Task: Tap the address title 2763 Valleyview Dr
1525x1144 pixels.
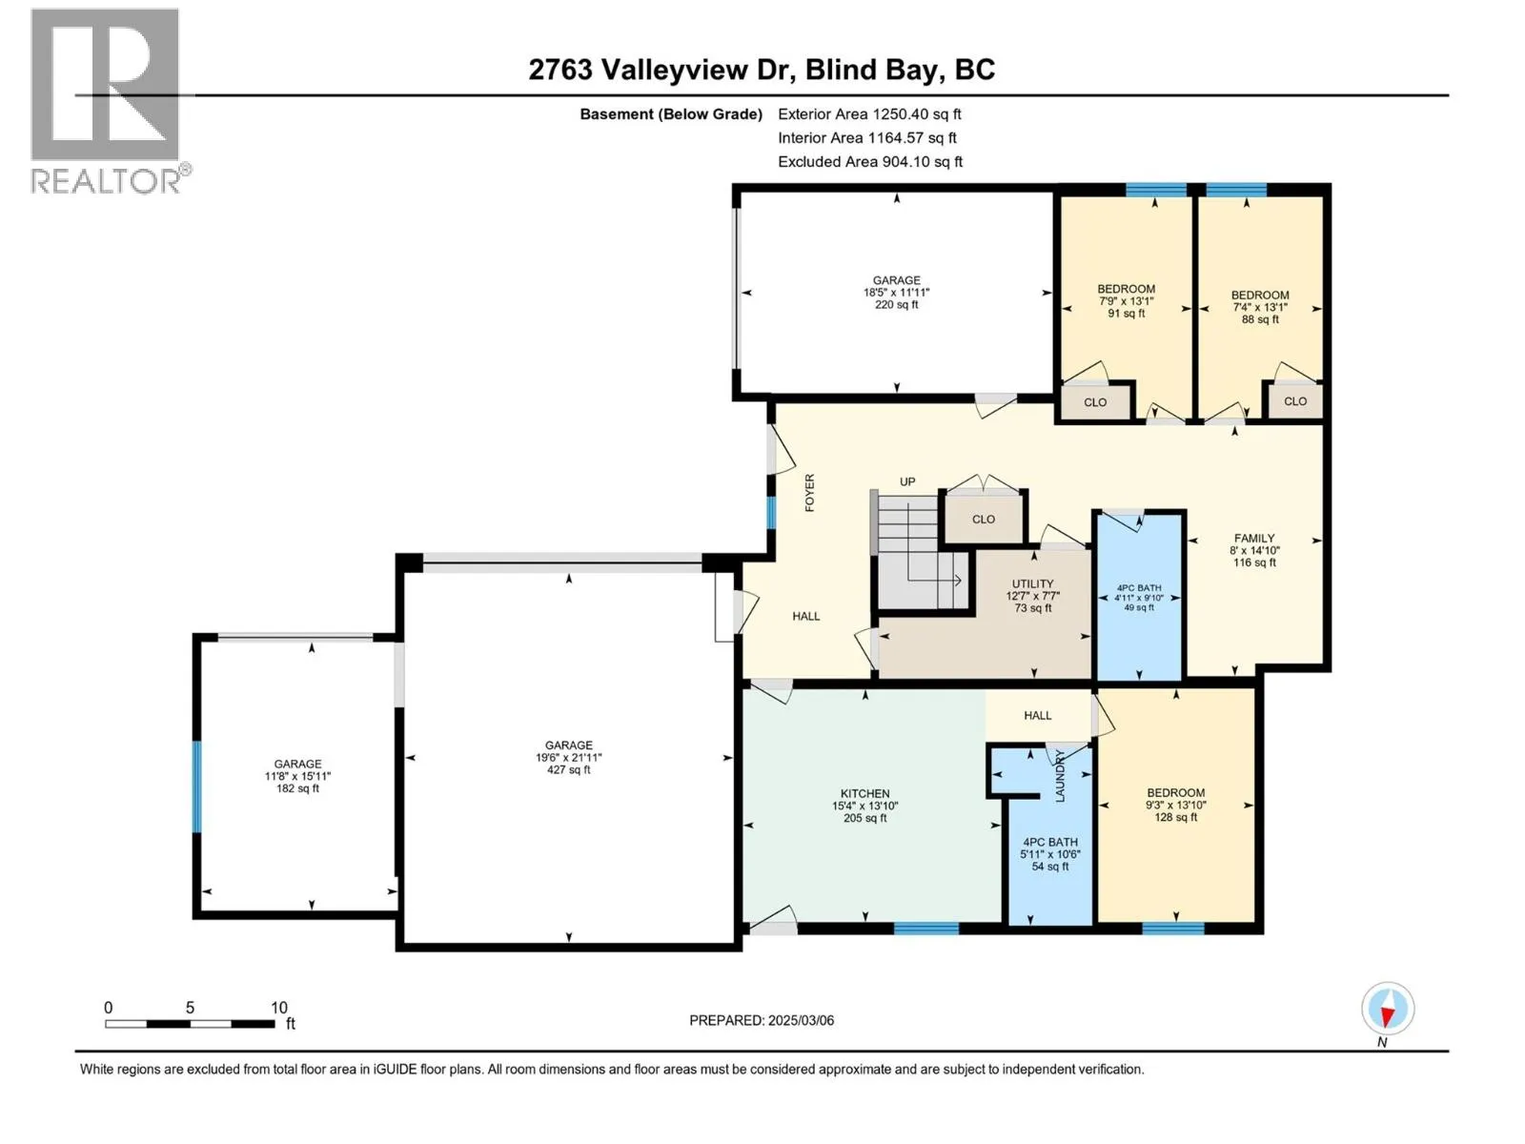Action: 662,70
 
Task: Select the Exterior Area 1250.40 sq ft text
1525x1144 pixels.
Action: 869,113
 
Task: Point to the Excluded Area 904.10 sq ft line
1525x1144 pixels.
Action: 870,162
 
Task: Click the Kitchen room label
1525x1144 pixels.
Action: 865,806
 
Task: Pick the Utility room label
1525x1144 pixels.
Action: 1032,596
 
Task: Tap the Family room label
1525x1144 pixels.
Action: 1254,550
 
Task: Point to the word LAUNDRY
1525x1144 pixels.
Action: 1060,776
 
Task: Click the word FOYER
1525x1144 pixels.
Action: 809,493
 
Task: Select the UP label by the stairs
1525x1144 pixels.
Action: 907,481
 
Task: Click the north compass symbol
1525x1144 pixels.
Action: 1387,1009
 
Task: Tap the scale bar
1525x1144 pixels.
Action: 190,1023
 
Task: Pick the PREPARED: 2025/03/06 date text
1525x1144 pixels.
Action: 762,1020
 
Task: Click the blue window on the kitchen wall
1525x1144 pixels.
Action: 926,928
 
